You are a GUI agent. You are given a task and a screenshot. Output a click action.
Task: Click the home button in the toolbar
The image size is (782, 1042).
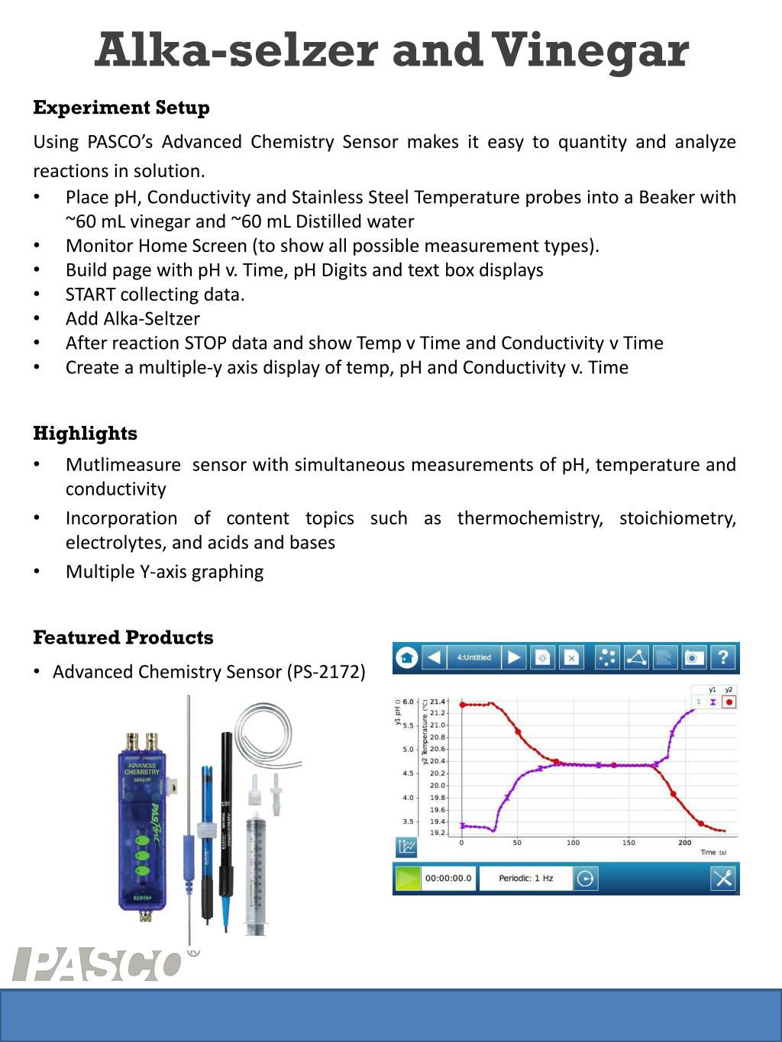(407, 657)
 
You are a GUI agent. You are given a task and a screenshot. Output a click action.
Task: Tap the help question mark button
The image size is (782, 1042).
(723, 657)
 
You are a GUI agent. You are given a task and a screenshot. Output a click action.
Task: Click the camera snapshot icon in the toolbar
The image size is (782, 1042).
(693, 657)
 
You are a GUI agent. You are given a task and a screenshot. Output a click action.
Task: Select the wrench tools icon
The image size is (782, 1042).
(722, 879)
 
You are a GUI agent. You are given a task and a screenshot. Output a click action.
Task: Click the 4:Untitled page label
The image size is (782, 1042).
(473, 657)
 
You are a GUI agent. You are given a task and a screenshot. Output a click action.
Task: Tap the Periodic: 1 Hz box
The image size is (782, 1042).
(525, 879)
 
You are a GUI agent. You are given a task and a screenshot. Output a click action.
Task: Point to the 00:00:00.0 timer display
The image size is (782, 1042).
(448, 879)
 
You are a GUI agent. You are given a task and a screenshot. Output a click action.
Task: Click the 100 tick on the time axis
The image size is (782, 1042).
(573, 843)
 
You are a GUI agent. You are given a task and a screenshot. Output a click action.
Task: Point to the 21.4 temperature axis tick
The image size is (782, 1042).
(438, 701)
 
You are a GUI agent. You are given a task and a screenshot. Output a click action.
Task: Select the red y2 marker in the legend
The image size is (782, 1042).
(729, 702)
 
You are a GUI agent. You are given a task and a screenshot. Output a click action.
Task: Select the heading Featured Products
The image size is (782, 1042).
(123, 637)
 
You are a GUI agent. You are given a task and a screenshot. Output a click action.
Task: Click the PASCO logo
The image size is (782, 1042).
(97, 964)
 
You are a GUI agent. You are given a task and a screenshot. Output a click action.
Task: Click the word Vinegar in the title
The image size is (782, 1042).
(592, 52)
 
